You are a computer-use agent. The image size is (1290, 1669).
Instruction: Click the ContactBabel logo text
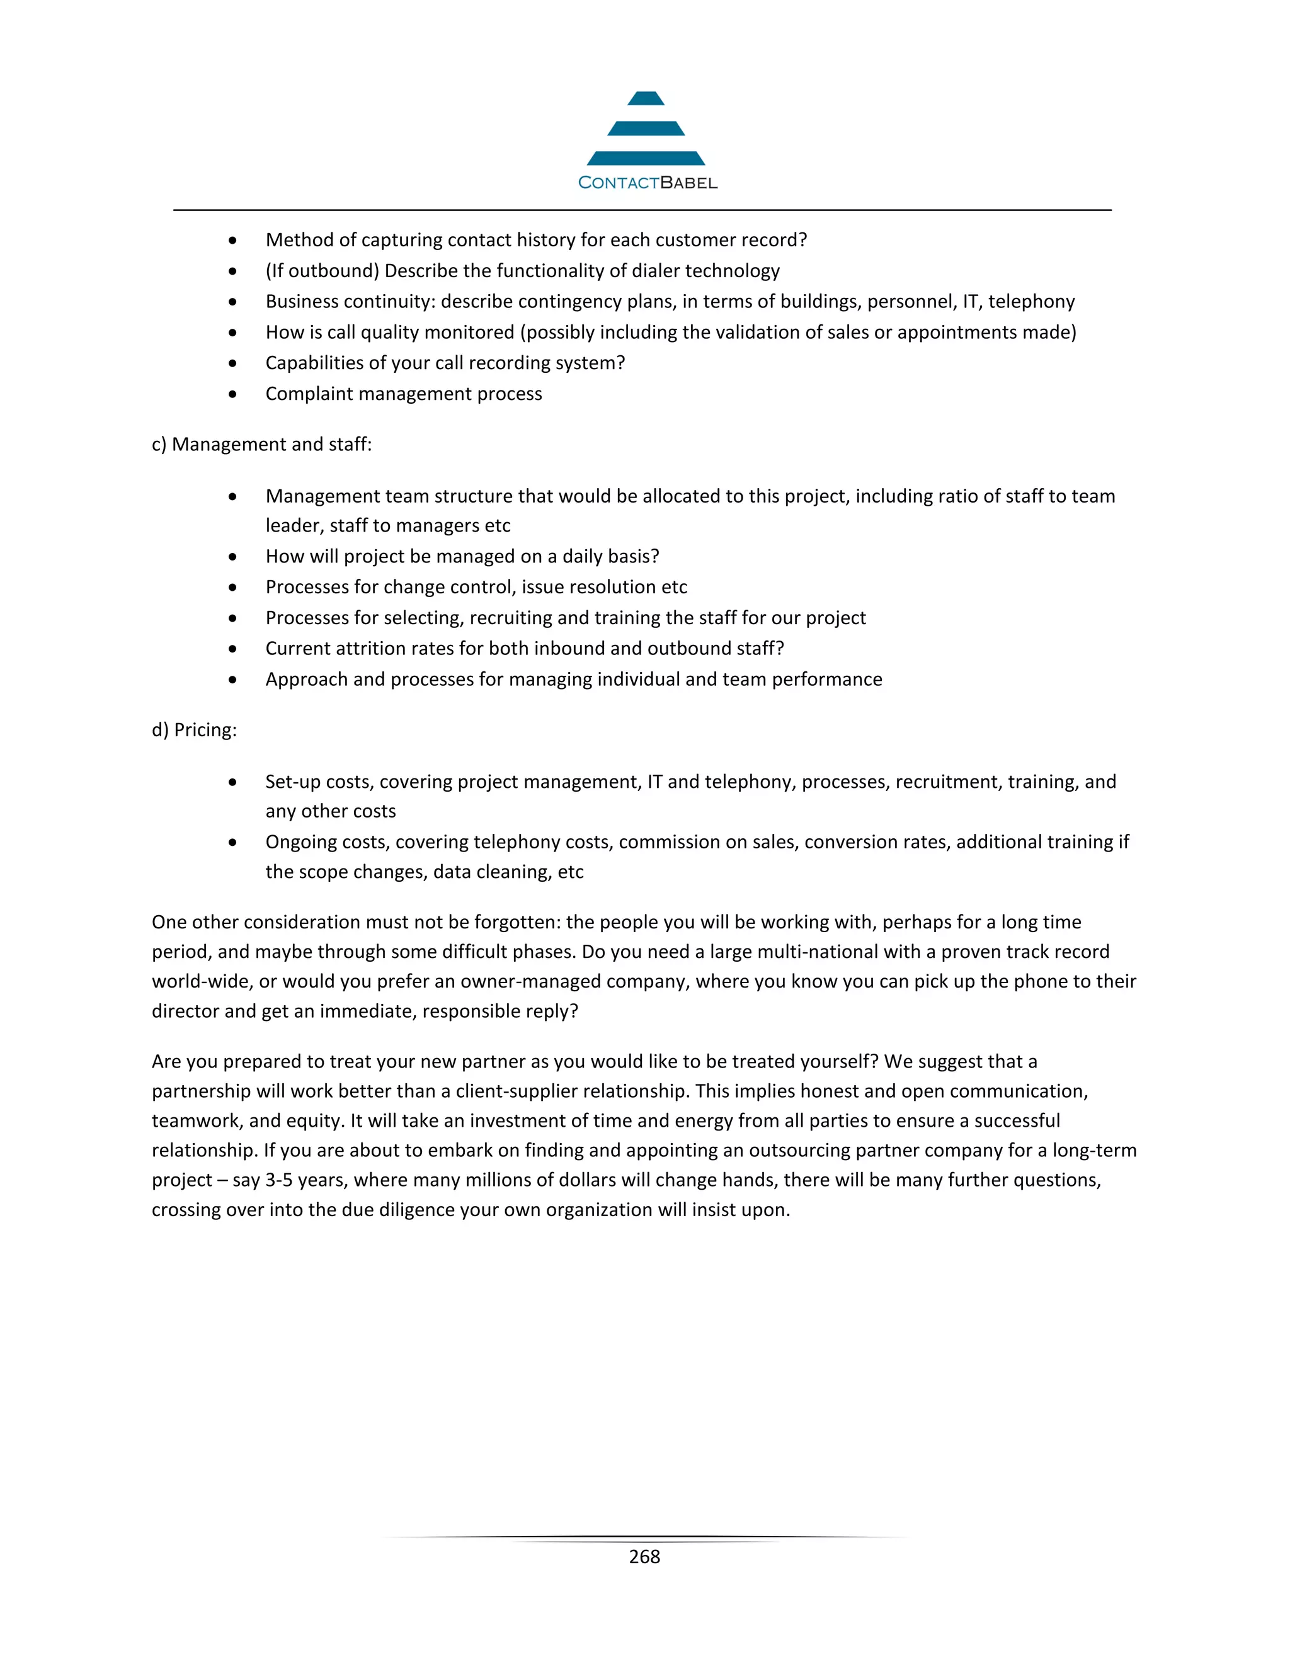648,183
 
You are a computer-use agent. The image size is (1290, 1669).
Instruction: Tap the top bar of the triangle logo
646,99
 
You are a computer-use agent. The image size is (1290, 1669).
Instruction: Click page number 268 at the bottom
644,1557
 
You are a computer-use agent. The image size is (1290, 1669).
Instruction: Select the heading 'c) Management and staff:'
261,444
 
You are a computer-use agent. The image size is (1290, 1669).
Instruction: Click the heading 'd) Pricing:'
194,730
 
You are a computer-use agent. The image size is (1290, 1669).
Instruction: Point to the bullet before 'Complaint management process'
232,394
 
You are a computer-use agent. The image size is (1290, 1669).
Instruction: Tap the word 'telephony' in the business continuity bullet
1031,301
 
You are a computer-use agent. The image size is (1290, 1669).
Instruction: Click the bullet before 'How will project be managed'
232,557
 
